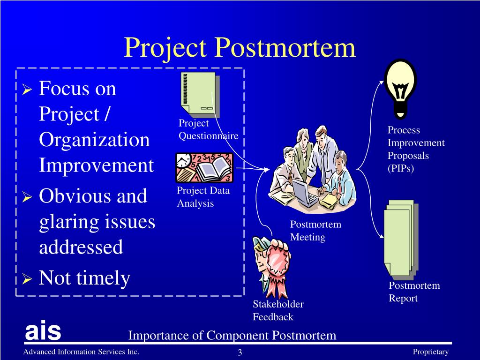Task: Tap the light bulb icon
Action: point(399,89)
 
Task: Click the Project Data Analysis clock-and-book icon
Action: point(204,167)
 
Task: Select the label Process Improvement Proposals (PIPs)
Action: point(415,150)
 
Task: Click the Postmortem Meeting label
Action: point(315,231)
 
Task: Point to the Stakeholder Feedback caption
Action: point(278,310)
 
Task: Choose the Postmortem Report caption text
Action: point(414,292)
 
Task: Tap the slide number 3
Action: point(239,352)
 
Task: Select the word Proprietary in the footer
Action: point(430,352)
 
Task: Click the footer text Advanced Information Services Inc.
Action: point(82,352)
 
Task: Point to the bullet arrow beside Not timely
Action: point(27,280)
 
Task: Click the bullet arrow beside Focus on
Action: point(27,90)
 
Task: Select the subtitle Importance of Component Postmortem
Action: point(232,335)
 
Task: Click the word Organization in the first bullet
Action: point(94,140)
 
